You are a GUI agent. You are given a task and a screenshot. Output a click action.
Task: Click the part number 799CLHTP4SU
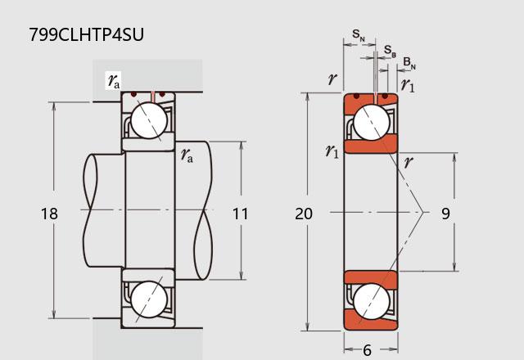click(x=86, y=34)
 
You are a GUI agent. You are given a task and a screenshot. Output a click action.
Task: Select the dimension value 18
click(x=49, y=214)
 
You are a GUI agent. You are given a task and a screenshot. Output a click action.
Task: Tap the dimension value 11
click(x=240, y=214)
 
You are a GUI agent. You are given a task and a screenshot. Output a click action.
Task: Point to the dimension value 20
click(x=304, y=214)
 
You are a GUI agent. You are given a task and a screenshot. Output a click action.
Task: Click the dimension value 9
click(x=445, y=214)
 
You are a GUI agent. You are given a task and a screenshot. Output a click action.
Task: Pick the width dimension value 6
click(x=367, y=350)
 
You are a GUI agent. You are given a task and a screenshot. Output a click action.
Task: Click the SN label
click(x=359, y=35)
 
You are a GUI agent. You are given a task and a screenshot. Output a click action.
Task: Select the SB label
click(x=390, y=51)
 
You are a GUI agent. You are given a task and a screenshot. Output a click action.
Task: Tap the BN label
click(x=409, y=63)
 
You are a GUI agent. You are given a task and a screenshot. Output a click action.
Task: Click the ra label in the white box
click(x=114, y=80)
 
